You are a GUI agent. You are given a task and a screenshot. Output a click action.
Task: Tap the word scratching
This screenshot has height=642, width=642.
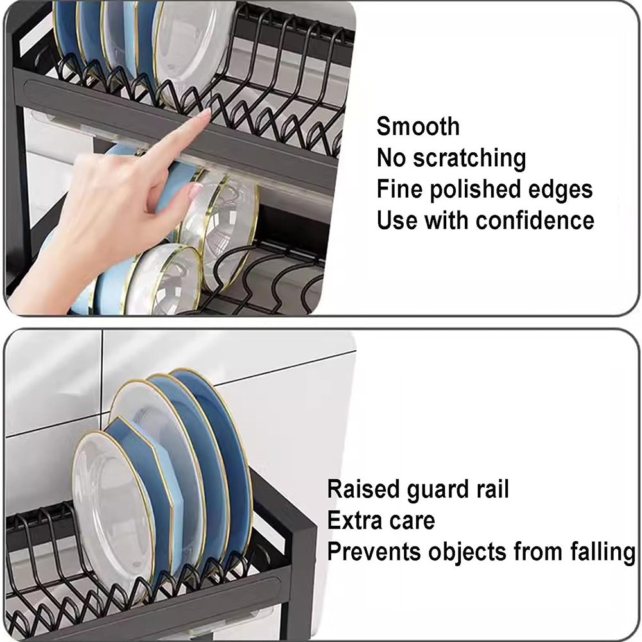coord(469,158)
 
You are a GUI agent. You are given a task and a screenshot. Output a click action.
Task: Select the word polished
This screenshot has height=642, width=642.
coord(475,189)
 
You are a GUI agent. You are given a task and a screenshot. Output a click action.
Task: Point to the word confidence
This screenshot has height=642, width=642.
coord(535,220)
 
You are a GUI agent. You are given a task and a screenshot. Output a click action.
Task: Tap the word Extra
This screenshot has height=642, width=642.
coord(355,521)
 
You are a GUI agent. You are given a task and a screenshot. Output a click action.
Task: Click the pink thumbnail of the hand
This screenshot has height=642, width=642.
coord(196,191)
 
